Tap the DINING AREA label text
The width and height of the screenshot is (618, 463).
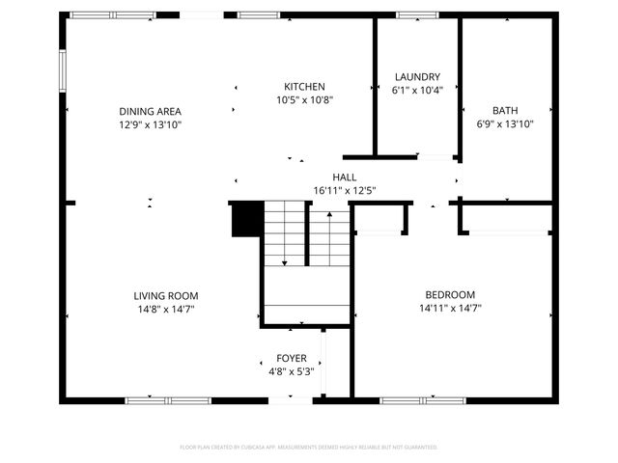click(150, 111)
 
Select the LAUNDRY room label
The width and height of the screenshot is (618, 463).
click(417, 77)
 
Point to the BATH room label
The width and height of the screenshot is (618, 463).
click(505, 110)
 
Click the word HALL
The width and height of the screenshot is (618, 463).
click(344, 177)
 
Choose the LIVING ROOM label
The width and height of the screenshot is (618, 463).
click(166, 296)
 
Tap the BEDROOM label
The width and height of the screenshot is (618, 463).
click(450, 295)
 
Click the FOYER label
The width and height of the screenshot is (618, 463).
click(291, 358)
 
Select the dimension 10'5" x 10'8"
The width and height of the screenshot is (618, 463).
click(304, 99)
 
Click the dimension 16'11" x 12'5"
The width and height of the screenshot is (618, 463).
click(344, 191)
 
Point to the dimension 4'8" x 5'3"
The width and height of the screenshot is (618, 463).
click(291, 371)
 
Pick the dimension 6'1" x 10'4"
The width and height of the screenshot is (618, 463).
click(417, 91)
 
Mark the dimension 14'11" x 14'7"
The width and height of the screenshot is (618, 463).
click(450, 309)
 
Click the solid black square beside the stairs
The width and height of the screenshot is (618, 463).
click(245, 218)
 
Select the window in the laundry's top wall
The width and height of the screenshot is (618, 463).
click(417, 14)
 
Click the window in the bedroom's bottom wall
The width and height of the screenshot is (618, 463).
click(409, 399)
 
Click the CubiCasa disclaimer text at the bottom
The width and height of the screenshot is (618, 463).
click(309, 448)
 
